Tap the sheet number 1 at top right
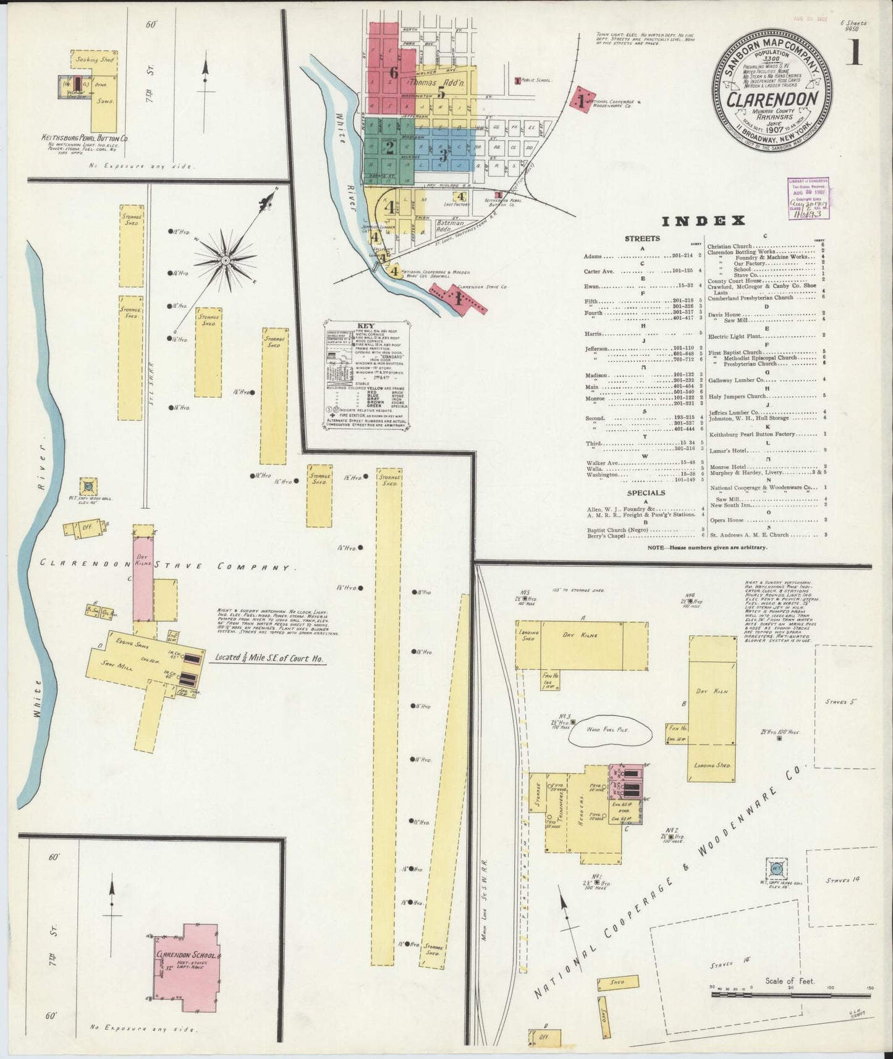point(857,54)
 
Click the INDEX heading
point(703,221)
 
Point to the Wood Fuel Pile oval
point(609,730)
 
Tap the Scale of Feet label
point(790,981)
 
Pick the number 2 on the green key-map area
point(389,147)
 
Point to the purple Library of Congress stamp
point(808,198)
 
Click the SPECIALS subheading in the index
point(646,492)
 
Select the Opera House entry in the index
point(727,520)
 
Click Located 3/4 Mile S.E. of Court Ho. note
point(269,659)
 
